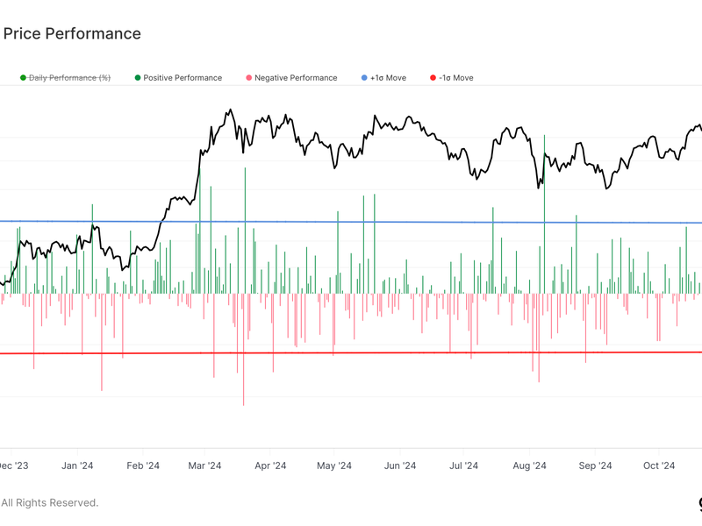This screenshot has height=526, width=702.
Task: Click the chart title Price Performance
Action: pyautogui.click(x=72, y=34)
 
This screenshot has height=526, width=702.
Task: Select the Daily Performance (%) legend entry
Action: pyautogui.click(x=69, y=78)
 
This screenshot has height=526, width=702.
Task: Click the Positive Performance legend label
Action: pyautogui.click(x=183, y=78)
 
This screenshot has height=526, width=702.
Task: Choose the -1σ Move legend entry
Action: pyautogui.click(x=456, y=78)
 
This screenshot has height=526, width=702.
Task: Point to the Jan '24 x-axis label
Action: pyautogui.click(x=79, y=466)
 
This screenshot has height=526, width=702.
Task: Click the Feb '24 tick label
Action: pyautogui.click(x=143, y=466)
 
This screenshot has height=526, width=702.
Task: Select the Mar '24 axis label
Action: pyautogui.click(x=204, y=466)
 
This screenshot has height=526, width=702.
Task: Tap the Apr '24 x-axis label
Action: pyautogui.click(x=269, y=466)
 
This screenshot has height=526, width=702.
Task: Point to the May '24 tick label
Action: pyautogui.click(x=333, y=466)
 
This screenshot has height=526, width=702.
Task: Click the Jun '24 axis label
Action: pyautogui.click(x=399, y=466)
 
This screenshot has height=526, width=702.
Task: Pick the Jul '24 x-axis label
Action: pyautogui.click(x=463, y=466)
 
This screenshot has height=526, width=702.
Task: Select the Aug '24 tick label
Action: pyautogui.click(x=529, y=466)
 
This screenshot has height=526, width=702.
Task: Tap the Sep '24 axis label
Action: pyautogui.click(x=595, y=466)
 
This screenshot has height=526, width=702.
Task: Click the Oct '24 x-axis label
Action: pyautogui.click(x=659, y=466)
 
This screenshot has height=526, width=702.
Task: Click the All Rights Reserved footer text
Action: pyautogui.click(x=49, y=503)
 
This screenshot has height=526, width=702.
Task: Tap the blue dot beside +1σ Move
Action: pyautogui.click(x=364, y=78)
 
